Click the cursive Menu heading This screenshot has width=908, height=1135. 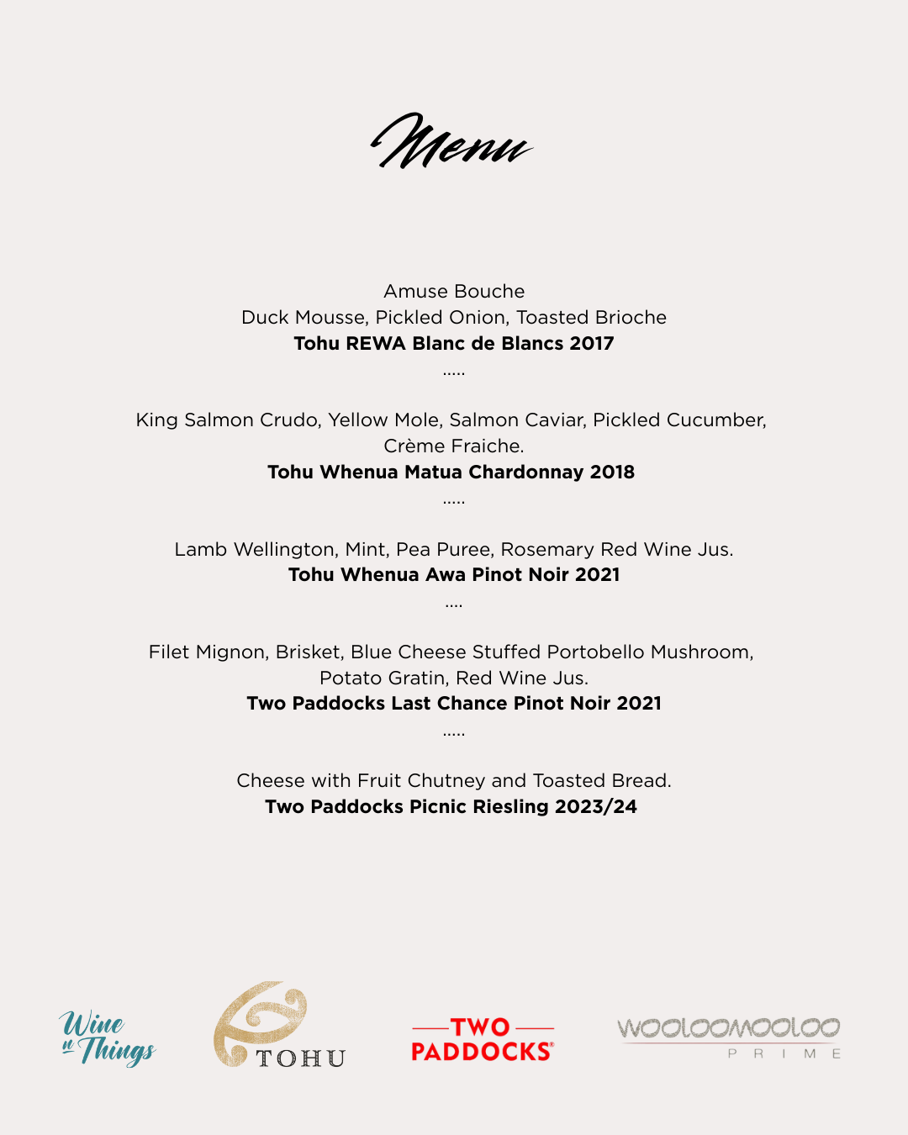point(451,142)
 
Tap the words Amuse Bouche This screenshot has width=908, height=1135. point(454,292)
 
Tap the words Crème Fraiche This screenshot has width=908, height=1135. point(453,446)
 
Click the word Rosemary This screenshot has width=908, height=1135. point(547,550)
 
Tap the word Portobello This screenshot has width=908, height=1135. point(596,652)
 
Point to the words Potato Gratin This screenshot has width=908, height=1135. point(383,678)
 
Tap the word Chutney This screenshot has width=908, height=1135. point(467,781)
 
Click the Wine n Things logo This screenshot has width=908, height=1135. point(108,1037)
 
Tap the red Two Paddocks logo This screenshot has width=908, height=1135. point(482,1040)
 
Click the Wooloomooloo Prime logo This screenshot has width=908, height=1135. point(729,1036)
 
